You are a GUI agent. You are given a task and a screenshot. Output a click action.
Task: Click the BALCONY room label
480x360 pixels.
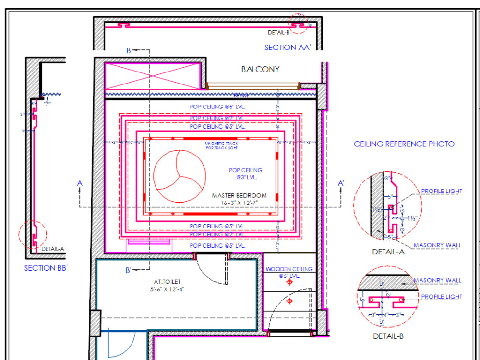tap(260, 70)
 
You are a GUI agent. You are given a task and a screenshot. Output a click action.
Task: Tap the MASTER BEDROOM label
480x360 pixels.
tap(239, 196)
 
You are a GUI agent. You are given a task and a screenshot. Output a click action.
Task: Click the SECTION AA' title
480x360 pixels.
tap(288, 48)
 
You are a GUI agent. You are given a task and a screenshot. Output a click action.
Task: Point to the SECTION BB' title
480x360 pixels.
tap(46, 268)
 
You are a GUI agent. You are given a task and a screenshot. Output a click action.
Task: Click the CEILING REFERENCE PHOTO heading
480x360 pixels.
tap(404, 144)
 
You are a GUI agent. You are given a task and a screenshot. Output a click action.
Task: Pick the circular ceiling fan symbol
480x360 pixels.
tap(180, 175)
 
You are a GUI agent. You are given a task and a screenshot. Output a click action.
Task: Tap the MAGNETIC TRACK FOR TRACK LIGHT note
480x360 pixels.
tap(221, 145)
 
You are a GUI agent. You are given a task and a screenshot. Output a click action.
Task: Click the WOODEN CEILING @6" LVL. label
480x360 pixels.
tap(289, 273)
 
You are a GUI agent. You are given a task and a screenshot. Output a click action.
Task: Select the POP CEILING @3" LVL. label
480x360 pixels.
tap(245, 174)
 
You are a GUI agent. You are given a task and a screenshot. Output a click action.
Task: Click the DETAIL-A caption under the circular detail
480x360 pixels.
tap(388, 252)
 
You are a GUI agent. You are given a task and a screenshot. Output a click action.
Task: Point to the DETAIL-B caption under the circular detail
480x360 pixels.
tap(388, 336)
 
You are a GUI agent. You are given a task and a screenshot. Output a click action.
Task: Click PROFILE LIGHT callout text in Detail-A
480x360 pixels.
tap(442, 192)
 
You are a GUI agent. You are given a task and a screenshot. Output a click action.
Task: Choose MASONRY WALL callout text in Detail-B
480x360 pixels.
tap(437, 281)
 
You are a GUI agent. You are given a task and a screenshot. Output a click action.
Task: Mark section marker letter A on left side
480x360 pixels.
tap(80, 183)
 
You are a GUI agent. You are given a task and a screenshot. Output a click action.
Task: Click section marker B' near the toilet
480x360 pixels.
tap(129, 270)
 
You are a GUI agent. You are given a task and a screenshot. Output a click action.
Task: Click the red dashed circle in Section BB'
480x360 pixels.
tap(32, 235)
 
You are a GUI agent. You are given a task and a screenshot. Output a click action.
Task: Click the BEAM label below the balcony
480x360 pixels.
tap(240, 96)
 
